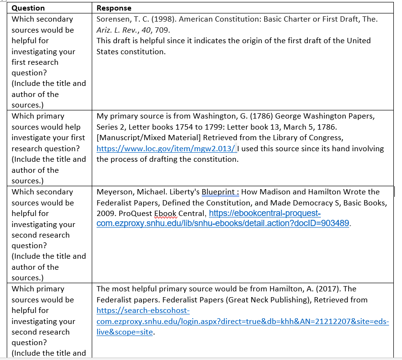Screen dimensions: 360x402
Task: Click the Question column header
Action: tap(28, 8)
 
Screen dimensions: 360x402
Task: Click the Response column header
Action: tap(114, 8)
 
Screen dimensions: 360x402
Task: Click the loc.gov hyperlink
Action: tap(166, 149)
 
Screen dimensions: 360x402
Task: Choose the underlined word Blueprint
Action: tap(219, 192)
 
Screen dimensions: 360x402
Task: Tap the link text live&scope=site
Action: tap(125, 332)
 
